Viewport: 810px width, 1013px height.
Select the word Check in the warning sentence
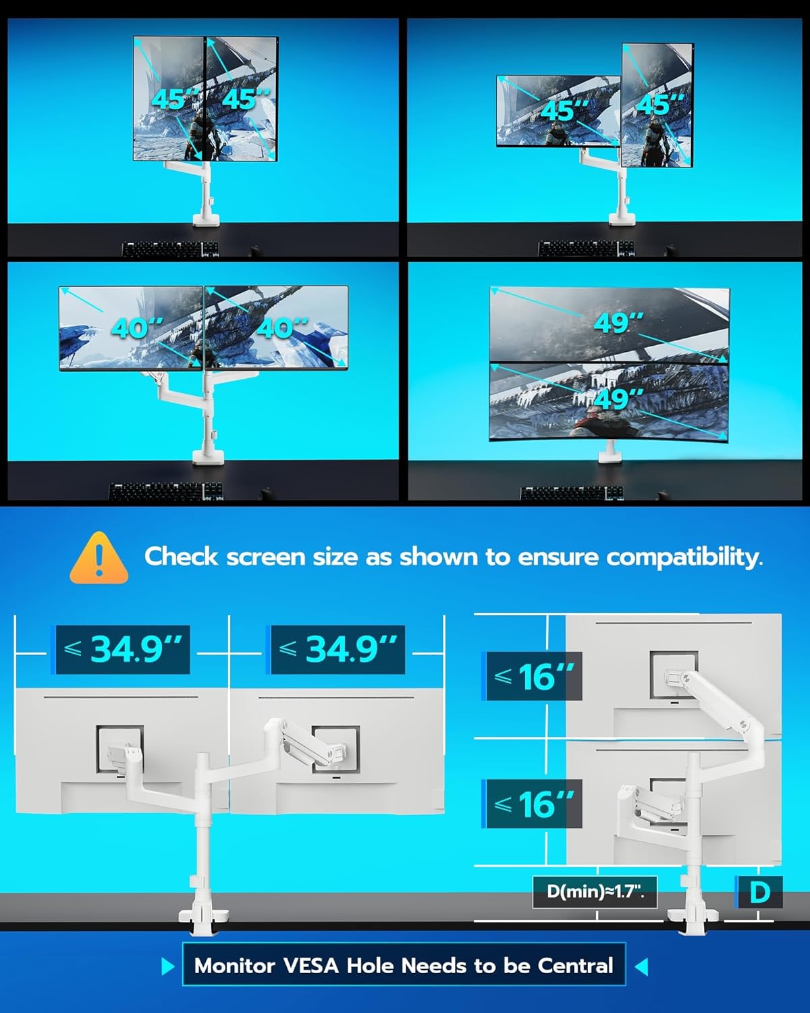coord(182,557)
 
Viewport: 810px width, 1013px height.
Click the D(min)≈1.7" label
coord(595,891)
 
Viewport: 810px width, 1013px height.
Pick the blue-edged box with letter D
coord(759,892)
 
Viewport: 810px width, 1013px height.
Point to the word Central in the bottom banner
coord(575,966)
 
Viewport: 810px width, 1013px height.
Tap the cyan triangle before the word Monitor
coord(168,966)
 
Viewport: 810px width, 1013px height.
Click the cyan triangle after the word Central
coord(641,966)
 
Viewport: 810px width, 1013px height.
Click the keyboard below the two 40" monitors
coord(165,492)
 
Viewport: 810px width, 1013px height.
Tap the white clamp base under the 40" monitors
coord(204,457)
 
